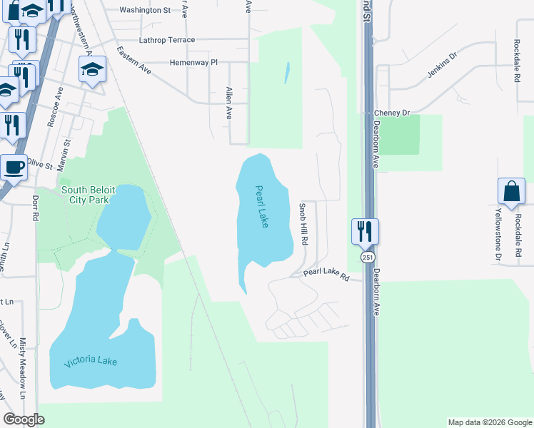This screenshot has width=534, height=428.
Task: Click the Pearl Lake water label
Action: (262, 207)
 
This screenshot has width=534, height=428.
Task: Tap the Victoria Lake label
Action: (91, 362)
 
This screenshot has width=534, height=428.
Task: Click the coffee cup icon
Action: (14, 168)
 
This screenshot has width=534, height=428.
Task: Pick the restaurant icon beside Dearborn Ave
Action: (365, 231)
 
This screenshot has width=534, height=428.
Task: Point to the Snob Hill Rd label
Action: (303, 224)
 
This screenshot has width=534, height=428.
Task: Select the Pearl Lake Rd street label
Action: (326, 273)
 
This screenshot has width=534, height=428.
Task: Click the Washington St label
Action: (145, 10)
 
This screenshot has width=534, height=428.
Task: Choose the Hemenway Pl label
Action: (193, 63)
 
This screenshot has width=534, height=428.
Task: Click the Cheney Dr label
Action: (393, 113)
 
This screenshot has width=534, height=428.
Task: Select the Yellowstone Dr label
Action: (498, 235)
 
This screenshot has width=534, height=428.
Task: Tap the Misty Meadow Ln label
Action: (23, 368)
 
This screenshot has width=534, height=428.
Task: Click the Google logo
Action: (24, 419)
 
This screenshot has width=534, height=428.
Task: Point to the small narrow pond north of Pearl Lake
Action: (287, 72)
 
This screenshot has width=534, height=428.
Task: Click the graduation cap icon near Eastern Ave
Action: (92, 70)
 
